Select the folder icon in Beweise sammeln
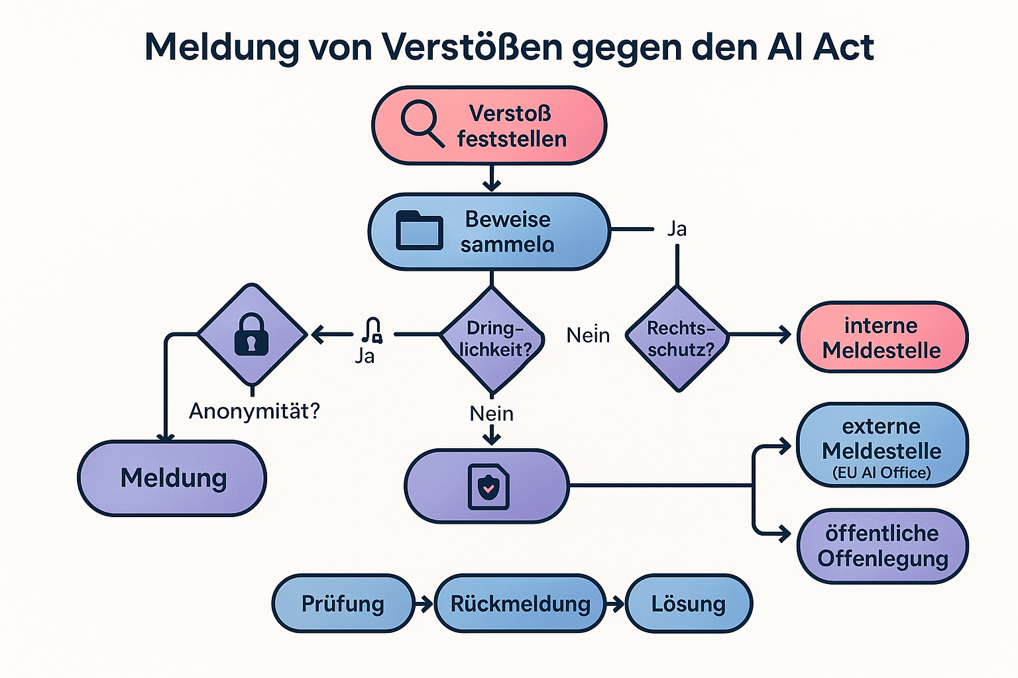[419, 230]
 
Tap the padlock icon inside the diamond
[251, 335]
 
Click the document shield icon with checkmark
[488, 487]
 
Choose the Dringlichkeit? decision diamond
[492, 338]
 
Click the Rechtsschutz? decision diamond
[678, 338]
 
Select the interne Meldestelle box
[881, 338]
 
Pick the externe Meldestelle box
[881, 445]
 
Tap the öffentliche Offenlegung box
[882, 546]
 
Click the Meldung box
[172, 478]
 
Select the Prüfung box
[343, 604]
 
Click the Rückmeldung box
[520, 604]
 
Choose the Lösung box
[689, 604]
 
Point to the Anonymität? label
[254, 411]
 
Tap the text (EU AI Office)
[881, 473]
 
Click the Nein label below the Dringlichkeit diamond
[491, 414]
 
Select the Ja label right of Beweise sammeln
[677, 229]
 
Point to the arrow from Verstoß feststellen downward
[491, 177]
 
